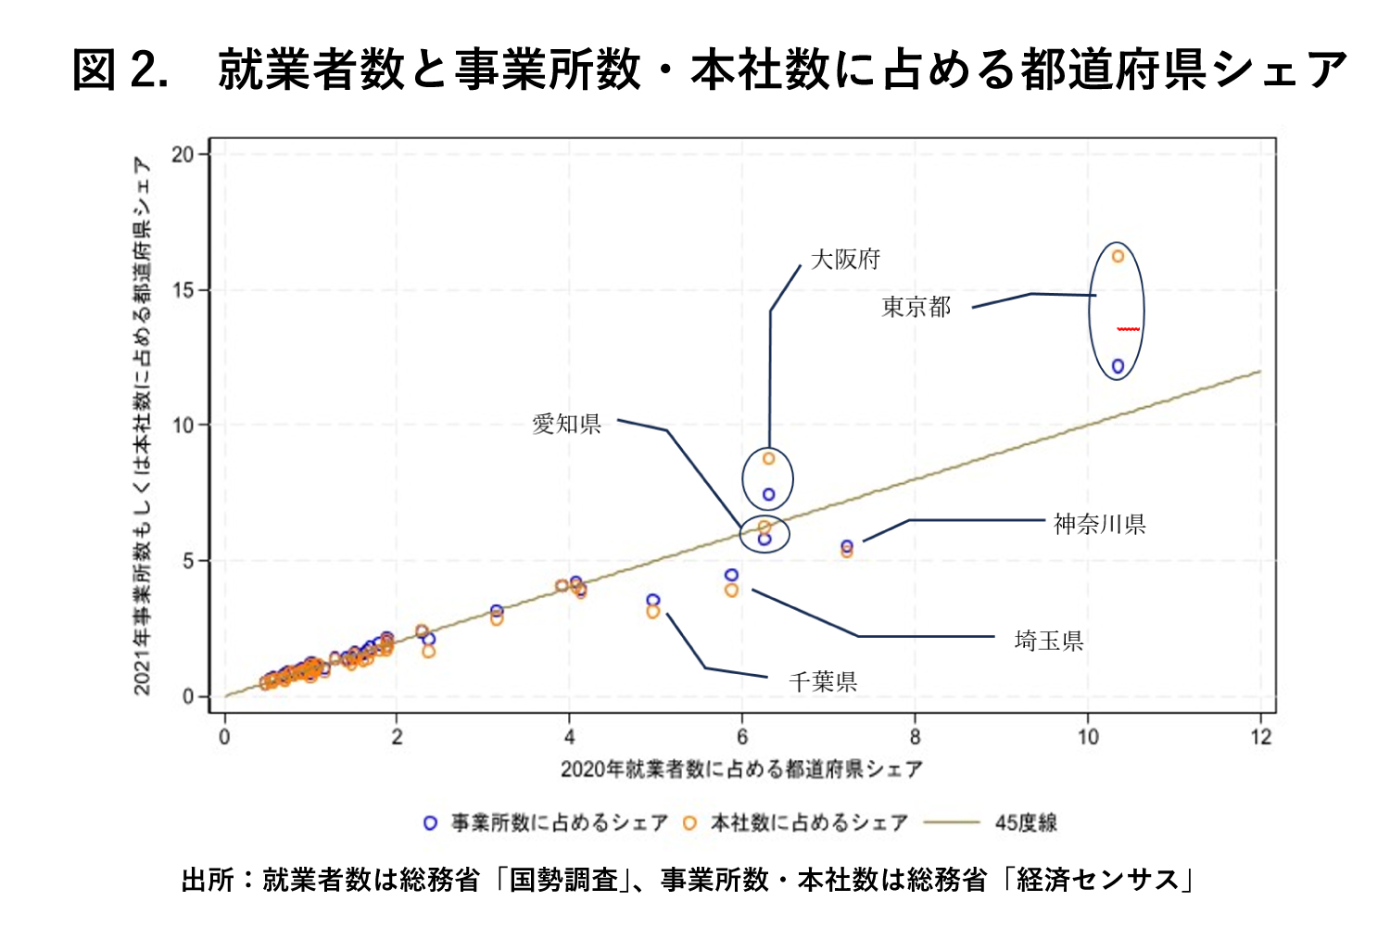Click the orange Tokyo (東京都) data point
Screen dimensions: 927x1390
pyautogui.click(x=1118, y=256)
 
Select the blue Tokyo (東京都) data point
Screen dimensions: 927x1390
pyautogui.click(x=1118, y=366)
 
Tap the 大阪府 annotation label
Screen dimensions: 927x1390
pyautogui.click(x=845, y=260)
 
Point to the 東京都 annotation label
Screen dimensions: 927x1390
pyautogui.click(x=916, y=307)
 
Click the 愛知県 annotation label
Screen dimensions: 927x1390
pyautogui.click(x=566, y=425)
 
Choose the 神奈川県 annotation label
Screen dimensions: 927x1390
pyautogui.click(x=1100, y=525)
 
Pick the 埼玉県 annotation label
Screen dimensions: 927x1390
pyautogui.click(x=1049, y=641)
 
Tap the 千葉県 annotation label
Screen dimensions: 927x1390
pyautogui.click(x=823, y=682)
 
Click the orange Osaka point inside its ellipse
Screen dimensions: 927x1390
pyautogui.click(x=768, y=459)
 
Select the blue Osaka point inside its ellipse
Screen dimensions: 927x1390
pyautogui.click(x=768, y=495)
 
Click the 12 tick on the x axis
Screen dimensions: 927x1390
pyautogui.click(x=1260, y=737)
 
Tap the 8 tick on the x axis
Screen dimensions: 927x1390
pyautogui.click(x=915, y=737)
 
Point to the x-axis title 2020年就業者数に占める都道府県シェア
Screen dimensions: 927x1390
pyautogui.click(x=741, y=768)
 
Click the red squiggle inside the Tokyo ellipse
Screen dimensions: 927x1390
pyautogui.click(x=1128, y=329)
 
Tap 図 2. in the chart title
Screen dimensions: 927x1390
pyautogui.click(x=120, y=70)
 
